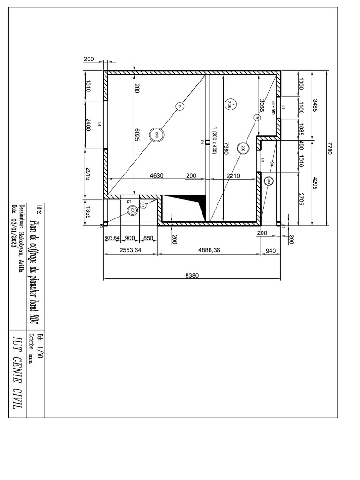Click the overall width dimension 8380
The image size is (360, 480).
(x=192, y=276)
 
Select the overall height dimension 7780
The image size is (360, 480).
(x=330, y=149)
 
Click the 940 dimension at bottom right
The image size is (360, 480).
(x=271, y=251)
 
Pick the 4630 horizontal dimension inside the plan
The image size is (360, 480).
(x=157, y=176)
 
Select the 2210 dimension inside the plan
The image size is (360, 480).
(x=233, y=176)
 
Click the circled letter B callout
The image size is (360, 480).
(x=180, y=107)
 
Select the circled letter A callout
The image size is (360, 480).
(x=256, y=118)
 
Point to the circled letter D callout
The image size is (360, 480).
(x=143, y=205)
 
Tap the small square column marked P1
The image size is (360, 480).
(x=207, y=142)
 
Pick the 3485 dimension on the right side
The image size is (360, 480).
(x=315, y=107)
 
